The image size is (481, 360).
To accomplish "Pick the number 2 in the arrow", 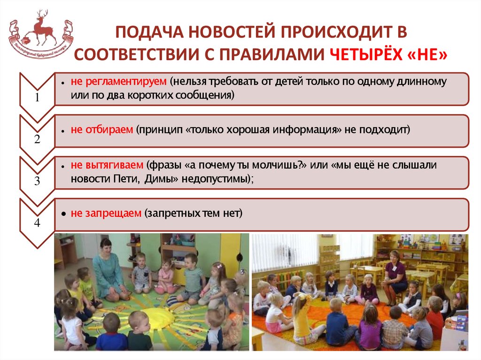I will (x=37, y=139).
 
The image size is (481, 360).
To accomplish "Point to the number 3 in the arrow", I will (x=37, y=181).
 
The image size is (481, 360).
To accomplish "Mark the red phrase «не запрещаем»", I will (x=106, y=214).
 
